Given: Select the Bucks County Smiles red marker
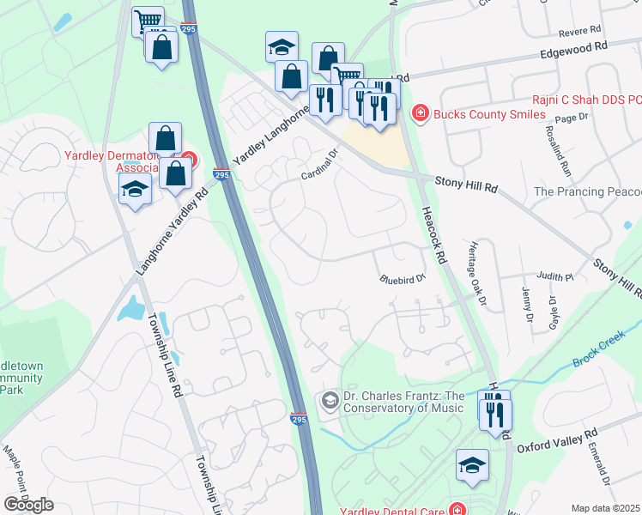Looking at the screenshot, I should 420,113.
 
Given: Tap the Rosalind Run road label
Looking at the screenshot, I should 554,150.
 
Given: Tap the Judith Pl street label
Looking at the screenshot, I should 554,277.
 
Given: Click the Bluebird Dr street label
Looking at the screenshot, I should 403,279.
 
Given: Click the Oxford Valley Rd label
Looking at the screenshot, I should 555,440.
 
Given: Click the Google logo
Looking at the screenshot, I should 28,504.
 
